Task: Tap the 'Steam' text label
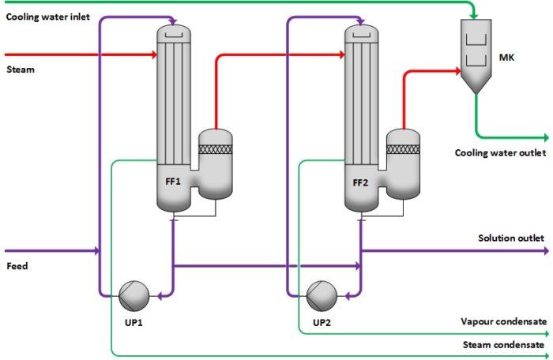tap(21, 69)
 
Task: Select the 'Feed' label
tap(17, 266)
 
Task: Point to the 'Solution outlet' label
tap(510, 238)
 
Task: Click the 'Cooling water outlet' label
tap(498, 152)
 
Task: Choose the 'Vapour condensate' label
tap(502, 321)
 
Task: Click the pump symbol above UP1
tap(134, 296)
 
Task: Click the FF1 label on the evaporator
tap(173, 182)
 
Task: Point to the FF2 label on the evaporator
tap(360, 182)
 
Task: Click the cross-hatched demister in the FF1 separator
tap(214, 148)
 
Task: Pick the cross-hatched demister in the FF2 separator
tap(403, 148)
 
